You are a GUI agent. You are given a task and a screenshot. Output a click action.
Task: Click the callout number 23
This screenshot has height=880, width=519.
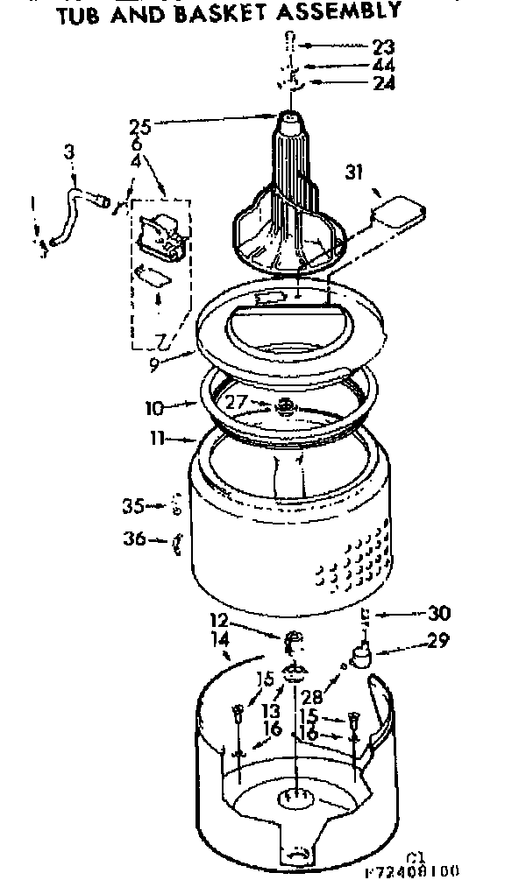(382, 46)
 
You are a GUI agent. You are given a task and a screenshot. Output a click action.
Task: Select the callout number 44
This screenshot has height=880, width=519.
(382, 66)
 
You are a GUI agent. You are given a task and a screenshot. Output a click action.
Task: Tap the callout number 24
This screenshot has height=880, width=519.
(382, 84)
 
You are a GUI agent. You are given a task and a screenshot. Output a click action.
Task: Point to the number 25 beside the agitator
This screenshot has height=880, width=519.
(140, 127)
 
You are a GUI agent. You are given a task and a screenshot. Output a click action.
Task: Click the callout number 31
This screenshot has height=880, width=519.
(353, 172)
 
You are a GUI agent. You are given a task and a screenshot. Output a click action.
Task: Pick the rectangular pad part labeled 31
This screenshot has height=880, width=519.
(397, 211)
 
